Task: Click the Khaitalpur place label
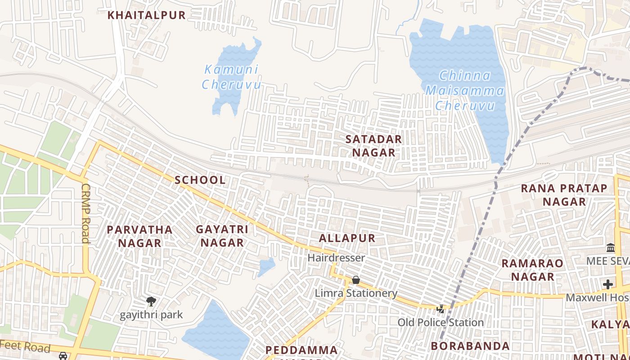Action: click(x=146, y=15)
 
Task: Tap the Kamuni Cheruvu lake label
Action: click(x=231, y=77)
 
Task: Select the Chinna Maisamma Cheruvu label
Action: click(x=465, y=90)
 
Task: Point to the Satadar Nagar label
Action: click(x=373, y=146)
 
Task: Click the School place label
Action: click(x=200, y=180)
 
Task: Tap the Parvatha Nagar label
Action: click(x=139, y=236)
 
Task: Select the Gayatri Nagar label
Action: click(x=222, y=236)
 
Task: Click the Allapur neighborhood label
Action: click(x=346, y=238)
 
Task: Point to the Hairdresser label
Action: click(x=336, y=258)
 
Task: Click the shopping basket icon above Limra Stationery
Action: click(x=355, y=280)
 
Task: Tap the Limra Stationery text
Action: click(x=356, y=293)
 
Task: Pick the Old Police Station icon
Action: click(x=441, y=309)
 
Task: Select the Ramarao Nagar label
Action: click(x=532, y=270)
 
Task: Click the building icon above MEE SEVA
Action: click(x=611, y=248)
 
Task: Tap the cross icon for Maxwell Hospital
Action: click(x=608, y=284)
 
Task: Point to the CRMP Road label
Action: click(x=85, y=213)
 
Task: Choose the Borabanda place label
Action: click(x=470, y=346)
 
